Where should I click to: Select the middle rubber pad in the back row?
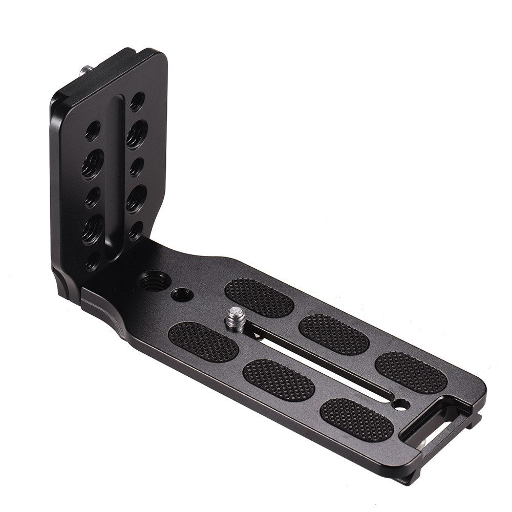331,334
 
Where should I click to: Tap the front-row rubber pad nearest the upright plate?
203,342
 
